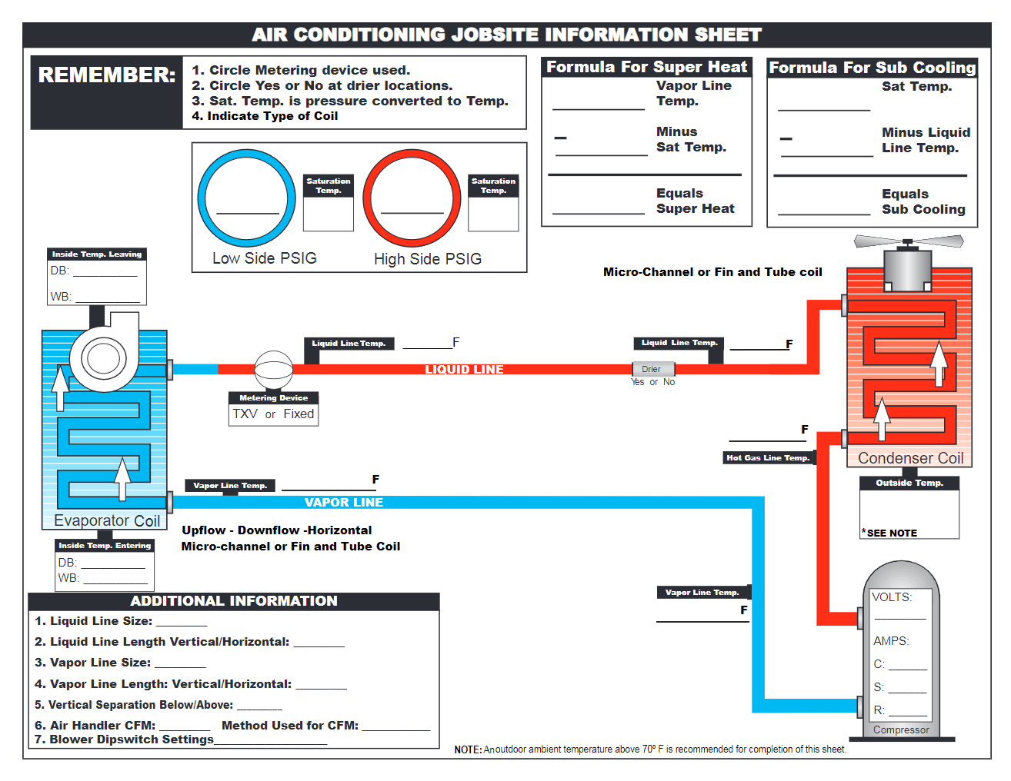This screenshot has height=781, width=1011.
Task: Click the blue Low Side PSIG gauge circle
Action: pos(246,198)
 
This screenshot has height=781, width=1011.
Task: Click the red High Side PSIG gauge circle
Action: pos(412,198)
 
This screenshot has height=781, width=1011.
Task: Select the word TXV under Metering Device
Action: pos(245,414)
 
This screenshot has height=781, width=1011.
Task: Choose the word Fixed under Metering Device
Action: pos(299,414)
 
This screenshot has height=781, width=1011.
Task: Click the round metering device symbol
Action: pos(273,371)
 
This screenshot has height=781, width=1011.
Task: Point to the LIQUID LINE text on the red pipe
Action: pos(464,370)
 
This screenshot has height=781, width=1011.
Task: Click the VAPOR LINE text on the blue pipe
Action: pos(344,503)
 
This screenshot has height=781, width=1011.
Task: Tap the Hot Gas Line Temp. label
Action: pos(768,458)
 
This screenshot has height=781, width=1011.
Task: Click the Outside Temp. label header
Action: pos(909,483)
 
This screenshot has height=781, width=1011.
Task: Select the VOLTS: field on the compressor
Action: pos(893,597)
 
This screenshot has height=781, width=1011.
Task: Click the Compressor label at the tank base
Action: pos(901,730)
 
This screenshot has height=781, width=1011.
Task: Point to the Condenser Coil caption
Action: pos(910,458)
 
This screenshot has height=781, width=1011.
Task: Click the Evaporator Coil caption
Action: pos(107,520)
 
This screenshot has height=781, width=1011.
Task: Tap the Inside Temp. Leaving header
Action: pos(97,254)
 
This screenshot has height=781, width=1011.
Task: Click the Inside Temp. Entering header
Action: pos(105,546)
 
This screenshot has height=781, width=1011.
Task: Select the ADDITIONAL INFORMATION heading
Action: pos(234,601)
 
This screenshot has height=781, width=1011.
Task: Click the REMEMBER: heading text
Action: pos(107,75)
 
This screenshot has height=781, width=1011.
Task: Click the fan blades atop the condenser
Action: pos(908,242)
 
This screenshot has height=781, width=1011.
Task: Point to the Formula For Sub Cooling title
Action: pos(873,68)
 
